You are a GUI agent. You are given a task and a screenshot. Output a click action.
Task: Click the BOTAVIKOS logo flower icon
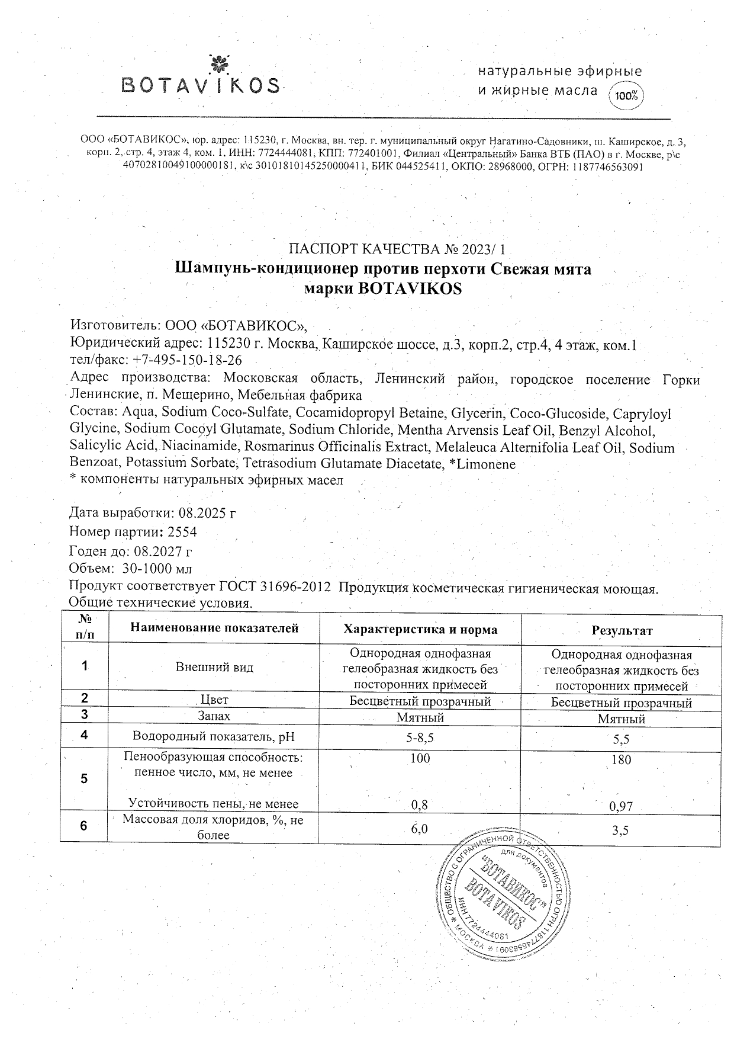click(219, 62)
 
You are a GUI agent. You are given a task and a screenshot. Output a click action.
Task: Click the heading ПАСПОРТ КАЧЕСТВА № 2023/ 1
click(397, 249)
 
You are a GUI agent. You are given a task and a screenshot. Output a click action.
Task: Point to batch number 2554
click(182, 531)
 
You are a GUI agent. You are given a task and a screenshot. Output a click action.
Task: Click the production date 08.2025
click(202, 512)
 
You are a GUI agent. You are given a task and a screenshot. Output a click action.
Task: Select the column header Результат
click(622, 631)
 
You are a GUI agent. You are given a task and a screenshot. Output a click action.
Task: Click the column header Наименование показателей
click(214, 628)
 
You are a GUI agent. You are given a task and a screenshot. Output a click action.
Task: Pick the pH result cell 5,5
click(622, 739)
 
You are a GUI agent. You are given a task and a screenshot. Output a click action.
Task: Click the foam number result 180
click(622, 759)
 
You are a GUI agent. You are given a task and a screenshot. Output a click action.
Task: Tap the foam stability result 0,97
click(622, 806)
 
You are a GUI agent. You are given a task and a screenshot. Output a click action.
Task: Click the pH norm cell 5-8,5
click(420, 737)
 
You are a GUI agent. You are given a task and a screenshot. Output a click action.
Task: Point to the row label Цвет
click(214, 700)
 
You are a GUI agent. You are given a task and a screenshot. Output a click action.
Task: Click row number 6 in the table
click(84, 825)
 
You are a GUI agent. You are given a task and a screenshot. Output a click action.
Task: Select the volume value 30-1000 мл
click(157, 569)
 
